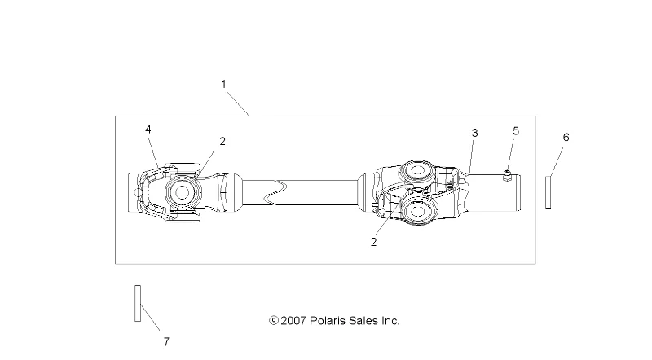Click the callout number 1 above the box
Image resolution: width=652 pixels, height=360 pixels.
[x=223, y=84]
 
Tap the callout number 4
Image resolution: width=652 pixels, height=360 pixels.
[x=148, y=130]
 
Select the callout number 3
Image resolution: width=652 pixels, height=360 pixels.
[x=474, y=133]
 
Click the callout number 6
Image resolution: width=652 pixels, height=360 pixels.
[x=566, y=137]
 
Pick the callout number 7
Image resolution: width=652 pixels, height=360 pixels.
[x=165, y=341]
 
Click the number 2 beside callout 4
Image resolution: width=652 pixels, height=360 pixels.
[x=222, y=141]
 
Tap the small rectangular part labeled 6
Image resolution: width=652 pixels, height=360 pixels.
[x=548, y=192]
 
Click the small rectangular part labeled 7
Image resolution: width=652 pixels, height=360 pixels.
[x=138, y=303]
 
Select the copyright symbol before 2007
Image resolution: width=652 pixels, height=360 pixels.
[x=274, y=321]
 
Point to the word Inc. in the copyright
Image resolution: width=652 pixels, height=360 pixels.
[x=389, y=321]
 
